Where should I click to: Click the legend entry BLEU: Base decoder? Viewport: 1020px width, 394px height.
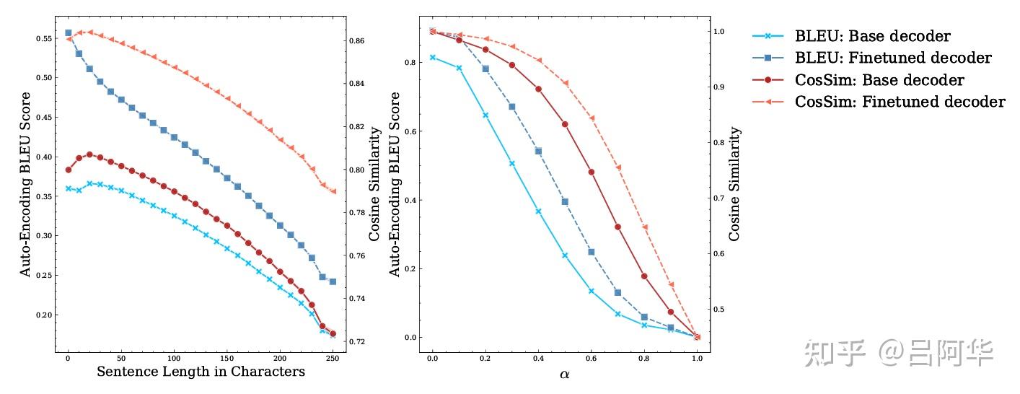(872, 36)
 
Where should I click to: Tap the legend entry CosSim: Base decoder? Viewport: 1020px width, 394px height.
(879, 80)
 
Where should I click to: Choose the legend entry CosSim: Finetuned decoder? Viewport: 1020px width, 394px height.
(900, 102)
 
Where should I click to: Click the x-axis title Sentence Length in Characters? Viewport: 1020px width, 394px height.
(201, 372)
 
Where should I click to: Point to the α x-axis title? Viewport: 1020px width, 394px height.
(565, 373)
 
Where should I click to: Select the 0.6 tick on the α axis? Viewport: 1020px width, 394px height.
(591, 359)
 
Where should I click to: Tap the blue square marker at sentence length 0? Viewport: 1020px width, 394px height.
(69, 33)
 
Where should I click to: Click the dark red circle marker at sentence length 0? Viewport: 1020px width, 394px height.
(69, 170)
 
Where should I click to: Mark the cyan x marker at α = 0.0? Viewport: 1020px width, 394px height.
(432, 57)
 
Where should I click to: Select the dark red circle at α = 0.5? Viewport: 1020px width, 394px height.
(565, 124)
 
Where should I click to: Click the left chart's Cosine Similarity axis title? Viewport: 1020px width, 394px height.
(375, 184)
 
